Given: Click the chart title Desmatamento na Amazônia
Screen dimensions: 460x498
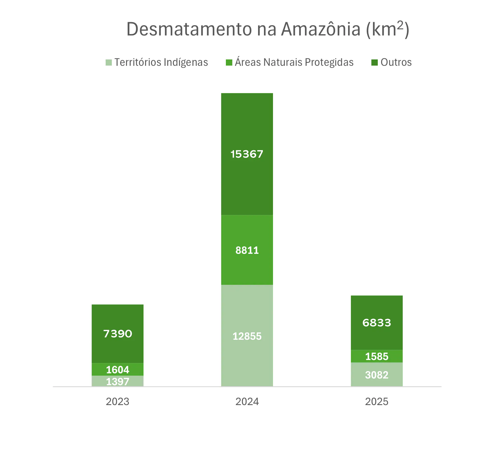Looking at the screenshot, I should (x=268, y=29).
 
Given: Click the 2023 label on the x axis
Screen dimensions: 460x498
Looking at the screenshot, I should (x=117, y=402).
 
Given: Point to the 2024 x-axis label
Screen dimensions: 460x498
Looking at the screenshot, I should (x=247, y=402).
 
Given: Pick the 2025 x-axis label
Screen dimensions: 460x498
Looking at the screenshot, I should (x=377, y=402).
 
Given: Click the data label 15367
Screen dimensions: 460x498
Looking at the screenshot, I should (x=247, y=154).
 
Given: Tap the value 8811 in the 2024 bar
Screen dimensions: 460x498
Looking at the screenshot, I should (x=247, y=250).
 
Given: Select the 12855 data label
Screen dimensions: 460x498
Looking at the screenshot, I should (x=247, y=336).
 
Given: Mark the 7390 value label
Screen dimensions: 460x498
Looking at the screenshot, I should (x=117, y=334).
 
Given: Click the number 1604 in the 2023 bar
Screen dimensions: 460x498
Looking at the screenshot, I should (x=117, y=370).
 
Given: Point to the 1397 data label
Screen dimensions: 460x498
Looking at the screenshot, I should (x=117, y=382).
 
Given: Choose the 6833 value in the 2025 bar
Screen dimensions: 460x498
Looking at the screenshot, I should (x=377, y=323).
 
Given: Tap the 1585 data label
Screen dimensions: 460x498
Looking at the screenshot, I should (x=377, y=356).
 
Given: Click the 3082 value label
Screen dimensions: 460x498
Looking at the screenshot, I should (x=377, y=375).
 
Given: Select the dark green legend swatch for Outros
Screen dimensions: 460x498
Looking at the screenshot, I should (x=374, y=63).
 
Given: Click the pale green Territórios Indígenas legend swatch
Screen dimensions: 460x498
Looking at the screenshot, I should (x=109, y=63).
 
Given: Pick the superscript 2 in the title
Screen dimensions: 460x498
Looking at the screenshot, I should (x=400, y=25).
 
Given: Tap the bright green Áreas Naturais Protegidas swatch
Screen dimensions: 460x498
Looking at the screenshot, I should (x=229, y=63).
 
